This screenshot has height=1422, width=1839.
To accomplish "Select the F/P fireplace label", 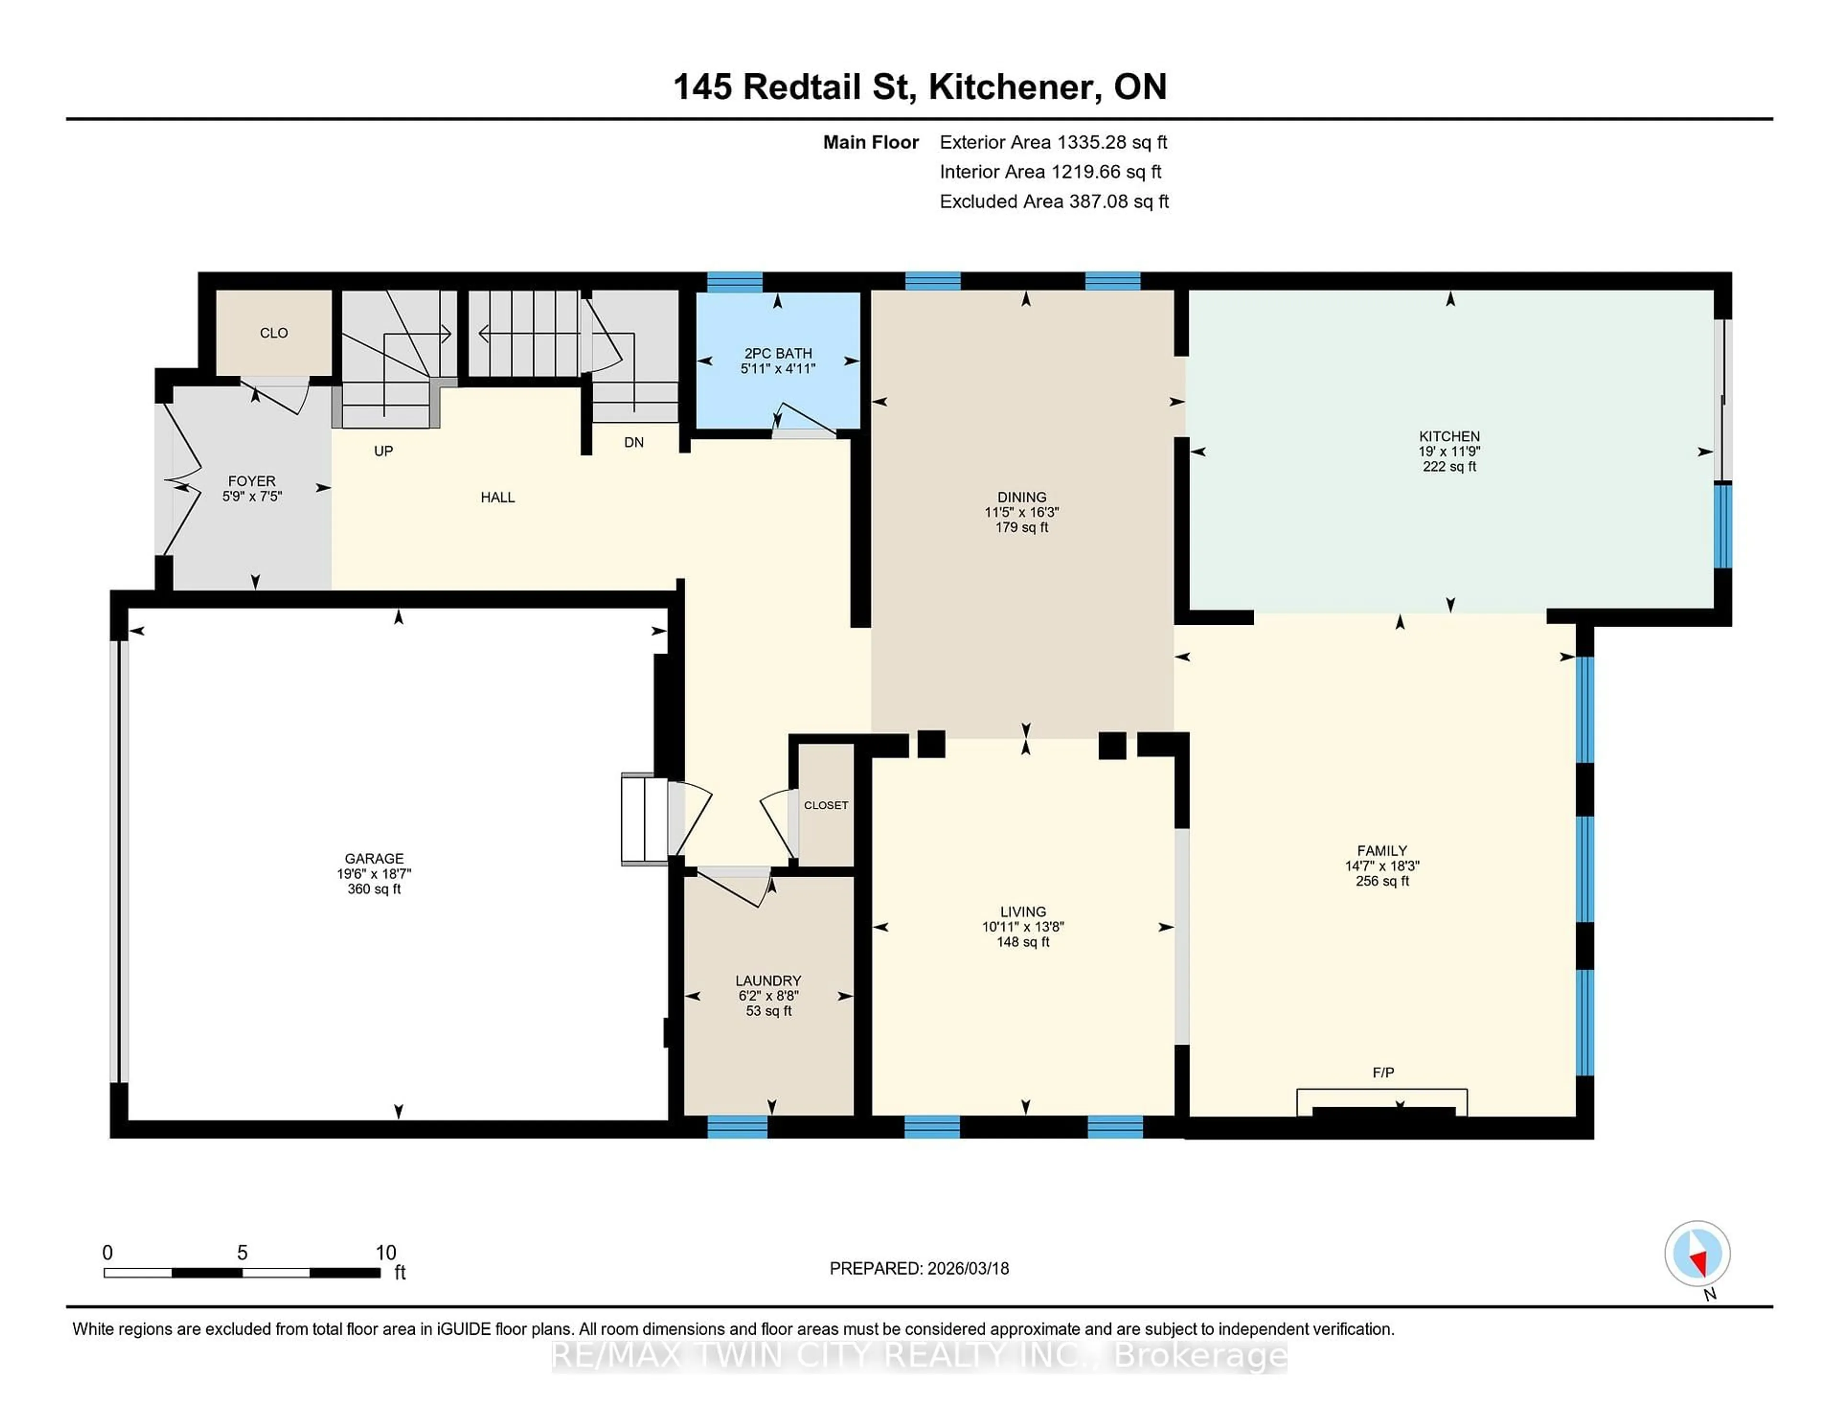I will tap(1383, 1072).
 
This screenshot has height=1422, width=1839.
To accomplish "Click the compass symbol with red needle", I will tap(1697, 1253).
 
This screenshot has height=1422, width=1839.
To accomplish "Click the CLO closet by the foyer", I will tap(273, 333).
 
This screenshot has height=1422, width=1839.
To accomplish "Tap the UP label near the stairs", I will tap(383, 451).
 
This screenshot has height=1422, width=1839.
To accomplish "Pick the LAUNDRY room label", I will tap(768, 981).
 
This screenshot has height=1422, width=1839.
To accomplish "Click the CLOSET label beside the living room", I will tap(825, 805).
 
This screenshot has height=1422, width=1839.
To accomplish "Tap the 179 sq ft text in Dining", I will tap(1022, 528).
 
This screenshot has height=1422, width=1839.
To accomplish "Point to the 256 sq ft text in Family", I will tap(1382, 881).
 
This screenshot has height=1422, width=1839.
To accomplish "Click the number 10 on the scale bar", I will tap(386, 1253).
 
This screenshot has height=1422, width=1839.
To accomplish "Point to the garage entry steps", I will tap(644, 819).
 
